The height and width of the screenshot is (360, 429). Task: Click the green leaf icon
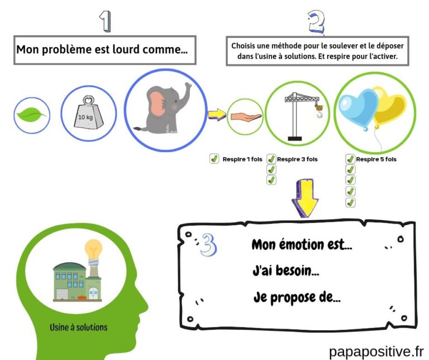[x=31, y=116]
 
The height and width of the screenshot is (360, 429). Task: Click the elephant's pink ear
[x=160, y=105]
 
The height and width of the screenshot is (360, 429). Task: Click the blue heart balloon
[x=357, y=108]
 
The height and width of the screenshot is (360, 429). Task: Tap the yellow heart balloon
[x=389, y=106]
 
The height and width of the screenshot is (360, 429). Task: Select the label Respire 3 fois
[x=297, y=159]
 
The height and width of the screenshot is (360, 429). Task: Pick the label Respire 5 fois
[x=376, y=159]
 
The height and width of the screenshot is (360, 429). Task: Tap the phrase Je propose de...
[x=296, y=297]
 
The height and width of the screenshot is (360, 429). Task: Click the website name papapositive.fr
[x=376, y=351]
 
